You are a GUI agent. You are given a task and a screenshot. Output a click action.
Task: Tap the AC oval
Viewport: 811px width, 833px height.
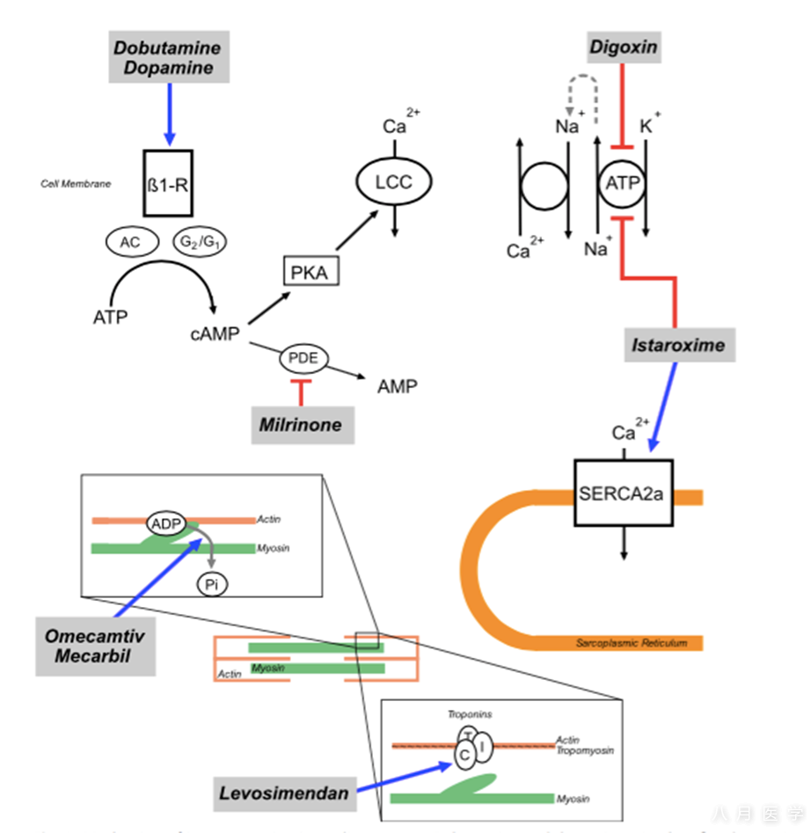coord(130,244)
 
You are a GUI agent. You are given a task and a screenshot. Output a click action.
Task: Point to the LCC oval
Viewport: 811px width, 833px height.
coord(395,182)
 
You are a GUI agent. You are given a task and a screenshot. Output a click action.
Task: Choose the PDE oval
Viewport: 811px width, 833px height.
coord(303,358)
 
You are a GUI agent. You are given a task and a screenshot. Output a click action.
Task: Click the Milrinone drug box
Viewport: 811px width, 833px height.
coord(301,424)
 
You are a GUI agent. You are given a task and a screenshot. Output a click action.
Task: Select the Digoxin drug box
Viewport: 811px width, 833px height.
coord(623,46)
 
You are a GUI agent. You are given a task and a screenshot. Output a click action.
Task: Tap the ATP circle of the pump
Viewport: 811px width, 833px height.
coord(624,185)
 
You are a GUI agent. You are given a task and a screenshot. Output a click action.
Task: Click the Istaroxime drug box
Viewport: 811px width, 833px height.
coord(678,344)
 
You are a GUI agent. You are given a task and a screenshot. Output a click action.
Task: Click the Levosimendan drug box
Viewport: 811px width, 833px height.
coord(286,793)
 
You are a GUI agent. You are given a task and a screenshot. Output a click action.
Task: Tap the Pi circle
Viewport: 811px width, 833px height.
coord(212,583)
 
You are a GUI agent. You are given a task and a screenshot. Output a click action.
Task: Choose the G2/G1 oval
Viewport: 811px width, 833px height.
coord(200,244)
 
